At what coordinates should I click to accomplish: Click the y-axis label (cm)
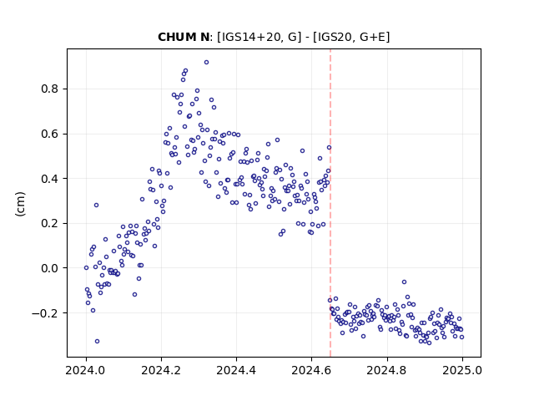tap(20, 204)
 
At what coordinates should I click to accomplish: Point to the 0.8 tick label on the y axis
tap(50, 89)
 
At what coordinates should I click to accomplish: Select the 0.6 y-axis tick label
tap(50, 134)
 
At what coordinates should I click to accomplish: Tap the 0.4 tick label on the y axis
tap(50, 179)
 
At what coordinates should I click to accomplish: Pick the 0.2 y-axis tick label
tap(50, 224)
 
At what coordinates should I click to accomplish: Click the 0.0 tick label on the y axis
tap(50, 268)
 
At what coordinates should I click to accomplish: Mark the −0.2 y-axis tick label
tap(46, 313)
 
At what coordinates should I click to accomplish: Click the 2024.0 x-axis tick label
tap(86, 370)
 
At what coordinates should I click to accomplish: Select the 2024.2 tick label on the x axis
tap(161, 370)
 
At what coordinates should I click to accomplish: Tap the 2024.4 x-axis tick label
tap(236, 370)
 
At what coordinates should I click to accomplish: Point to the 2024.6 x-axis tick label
tap(311, 370)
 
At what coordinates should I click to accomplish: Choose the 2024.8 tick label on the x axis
tap(386, 370)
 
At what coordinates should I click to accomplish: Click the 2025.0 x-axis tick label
tap(462, 370)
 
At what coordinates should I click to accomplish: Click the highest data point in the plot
tap(206, 63)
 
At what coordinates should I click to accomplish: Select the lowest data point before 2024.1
tap(97, 342)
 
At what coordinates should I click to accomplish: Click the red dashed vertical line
tap(330, 203)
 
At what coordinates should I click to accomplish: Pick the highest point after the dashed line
tap(404, 282)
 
